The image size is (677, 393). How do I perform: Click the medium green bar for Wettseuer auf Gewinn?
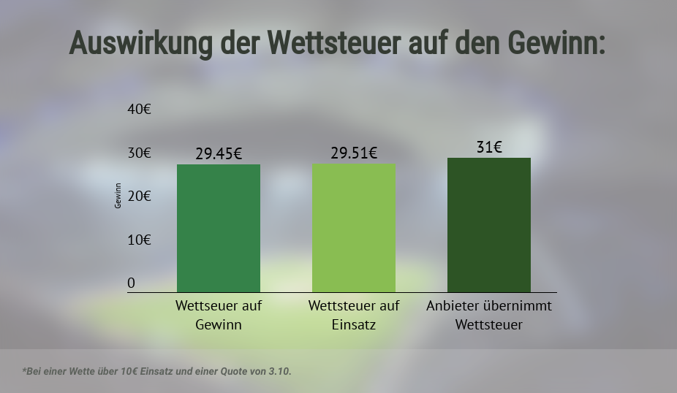click(x=219, y=228)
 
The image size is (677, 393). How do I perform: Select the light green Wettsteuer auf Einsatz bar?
click(x=354, y=228)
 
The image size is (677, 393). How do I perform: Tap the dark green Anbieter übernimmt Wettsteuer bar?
click(x=489, y=225)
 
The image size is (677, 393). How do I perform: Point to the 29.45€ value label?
click(x=219, y=154)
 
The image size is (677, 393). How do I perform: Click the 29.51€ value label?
click(x=354, y=153)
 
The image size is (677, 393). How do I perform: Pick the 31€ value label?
click(x=489, y=148)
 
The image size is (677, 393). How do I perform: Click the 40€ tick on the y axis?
click(x=139, y=110)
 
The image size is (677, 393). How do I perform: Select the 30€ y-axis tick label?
click(x=139, y=153)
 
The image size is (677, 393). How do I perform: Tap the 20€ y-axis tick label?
click(x=139, y=196)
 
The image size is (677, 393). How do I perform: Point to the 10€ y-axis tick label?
click(x=139, y=240)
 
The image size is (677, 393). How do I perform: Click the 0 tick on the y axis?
click(x=132, y=283)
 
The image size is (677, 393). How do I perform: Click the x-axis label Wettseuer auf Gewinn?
click(x=219, y=315)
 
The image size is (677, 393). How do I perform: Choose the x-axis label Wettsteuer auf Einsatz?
click(x=354, y=315)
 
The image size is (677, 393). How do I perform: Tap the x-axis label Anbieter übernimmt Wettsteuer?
click(x=489, y=315)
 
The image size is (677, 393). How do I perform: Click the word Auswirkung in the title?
click(x=139, y=44)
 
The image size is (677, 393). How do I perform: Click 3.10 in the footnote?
click(x=278, y=371)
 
